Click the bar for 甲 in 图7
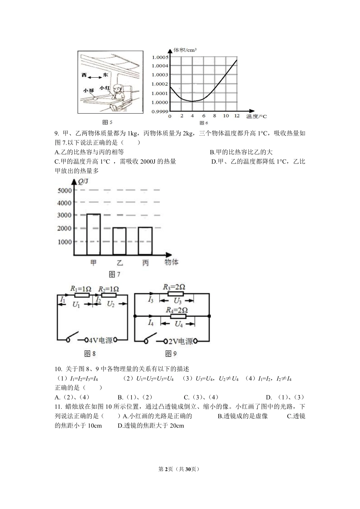[x=94, y=234]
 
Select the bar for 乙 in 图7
[x=119, y=241]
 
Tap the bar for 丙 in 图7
[x=145, y=241]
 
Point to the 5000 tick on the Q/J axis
[x=64, y=190]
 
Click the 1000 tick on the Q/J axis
[x=64, y=242]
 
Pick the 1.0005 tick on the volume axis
[x=160, y=57]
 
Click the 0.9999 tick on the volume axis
[x=160, y=111]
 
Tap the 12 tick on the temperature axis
[x=237, y=116]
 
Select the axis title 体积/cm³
[x=185, y=50]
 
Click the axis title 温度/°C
[x=257, y=116]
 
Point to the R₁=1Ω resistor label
[x=81, y=289]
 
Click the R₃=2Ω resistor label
[x=174, y=287]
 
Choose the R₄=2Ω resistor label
[x=177, y=310]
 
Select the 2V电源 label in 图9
[x=181, y=341]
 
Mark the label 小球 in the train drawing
[x=89, y=91]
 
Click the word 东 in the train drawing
[x=105, y=75]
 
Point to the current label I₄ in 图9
[x=151, y=323]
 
